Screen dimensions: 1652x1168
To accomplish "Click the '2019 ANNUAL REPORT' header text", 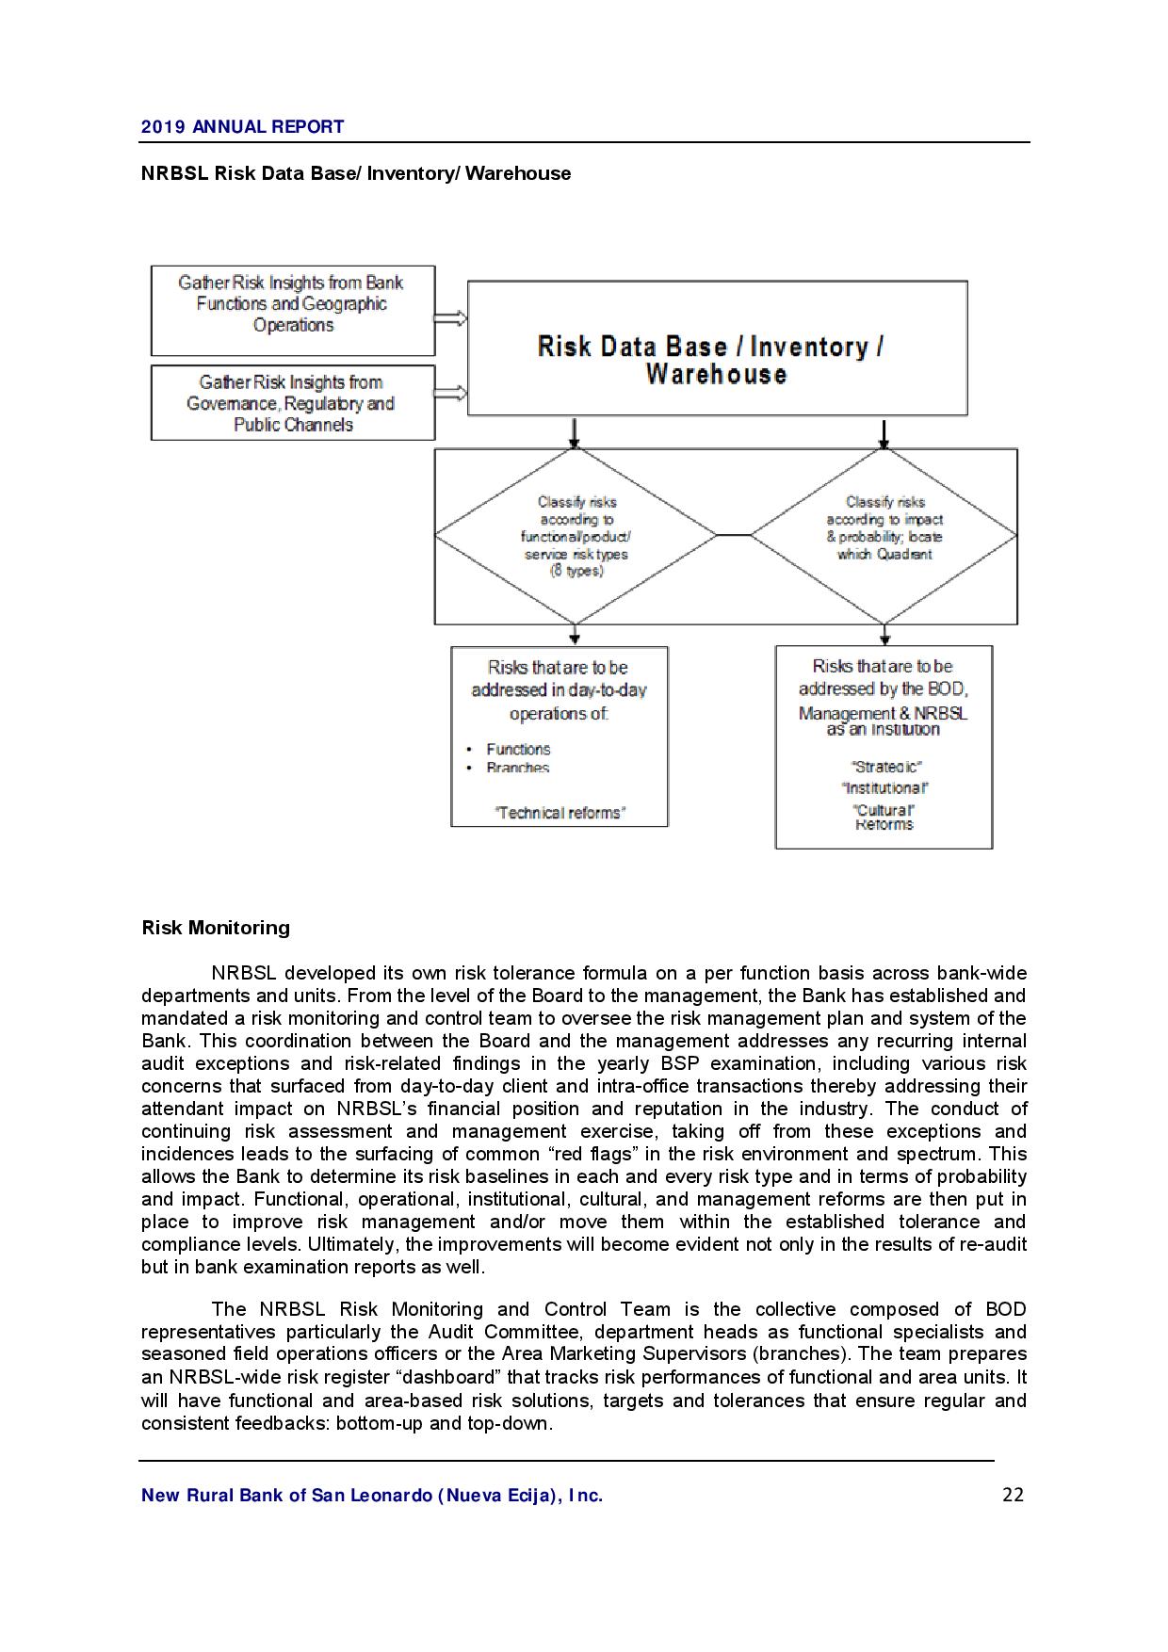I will (242, 126).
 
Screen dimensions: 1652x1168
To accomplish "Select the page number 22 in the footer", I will (1013, 1495).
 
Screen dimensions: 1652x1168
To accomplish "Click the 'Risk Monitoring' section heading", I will (216, 928).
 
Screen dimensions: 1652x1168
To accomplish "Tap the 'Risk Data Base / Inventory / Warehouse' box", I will (717, 348).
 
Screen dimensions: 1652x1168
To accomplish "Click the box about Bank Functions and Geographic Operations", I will (292, 310).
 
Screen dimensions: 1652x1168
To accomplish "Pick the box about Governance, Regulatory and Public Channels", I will (292, 403).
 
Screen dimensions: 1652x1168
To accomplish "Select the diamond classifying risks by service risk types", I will (576, 536).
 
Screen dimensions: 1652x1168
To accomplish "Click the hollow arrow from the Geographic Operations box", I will (450, 318).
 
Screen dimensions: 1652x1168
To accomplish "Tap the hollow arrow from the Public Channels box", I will (450, 393).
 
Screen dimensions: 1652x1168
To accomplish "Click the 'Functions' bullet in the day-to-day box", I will (518, 750).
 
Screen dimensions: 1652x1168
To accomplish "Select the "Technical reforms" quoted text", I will (560, 813).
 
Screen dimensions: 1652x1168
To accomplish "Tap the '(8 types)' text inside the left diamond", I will (576, 571).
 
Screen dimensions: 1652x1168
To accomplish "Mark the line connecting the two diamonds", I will (734, 535).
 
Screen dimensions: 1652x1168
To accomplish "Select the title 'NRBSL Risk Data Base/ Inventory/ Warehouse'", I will (355, 173).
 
